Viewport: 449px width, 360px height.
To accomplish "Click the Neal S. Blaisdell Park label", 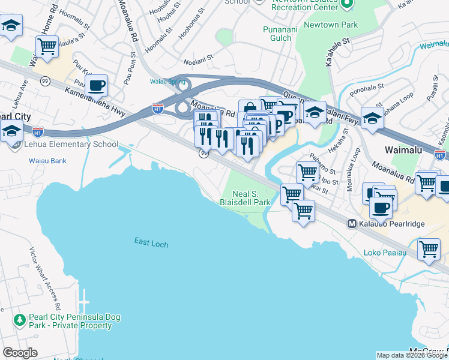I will tap(252, 197).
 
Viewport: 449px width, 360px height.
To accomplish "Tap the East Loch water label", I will tap(151, 243).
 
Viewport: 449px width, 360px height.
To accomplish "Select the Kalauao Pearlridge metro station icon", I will tap(353, 224).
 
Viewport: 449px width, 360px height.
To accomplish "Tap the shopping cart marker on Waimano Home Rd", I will tap(47, 46).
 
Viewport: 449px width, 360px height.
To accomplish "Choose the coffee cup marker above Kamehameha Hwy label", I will tap(96, 85).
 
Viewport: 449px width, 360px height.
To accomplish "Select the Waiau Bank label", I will tap(47, 161).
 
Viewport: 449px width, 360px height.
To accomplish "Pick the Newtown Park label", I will tap(330, 25).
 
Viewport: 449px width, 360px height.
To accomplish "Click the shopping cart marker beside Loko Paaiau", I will tap(429, 249).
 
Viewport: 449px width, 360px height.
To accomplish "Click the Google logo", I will tap(20, 353).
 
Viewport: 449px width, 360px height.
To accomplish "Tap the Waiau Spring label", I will tap(167, 82).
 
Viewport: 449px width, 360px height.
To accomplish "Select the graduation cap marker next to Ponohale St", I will tap(372, 118).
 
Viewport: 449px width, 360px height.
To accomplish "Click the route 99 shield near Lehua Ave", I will tap(44, 80).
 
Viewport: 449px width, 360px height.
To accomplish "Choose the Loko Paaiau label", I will tap(385, 253).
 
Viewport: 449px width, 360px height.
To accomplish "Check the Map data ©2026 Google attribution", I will tap(412, 355).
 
